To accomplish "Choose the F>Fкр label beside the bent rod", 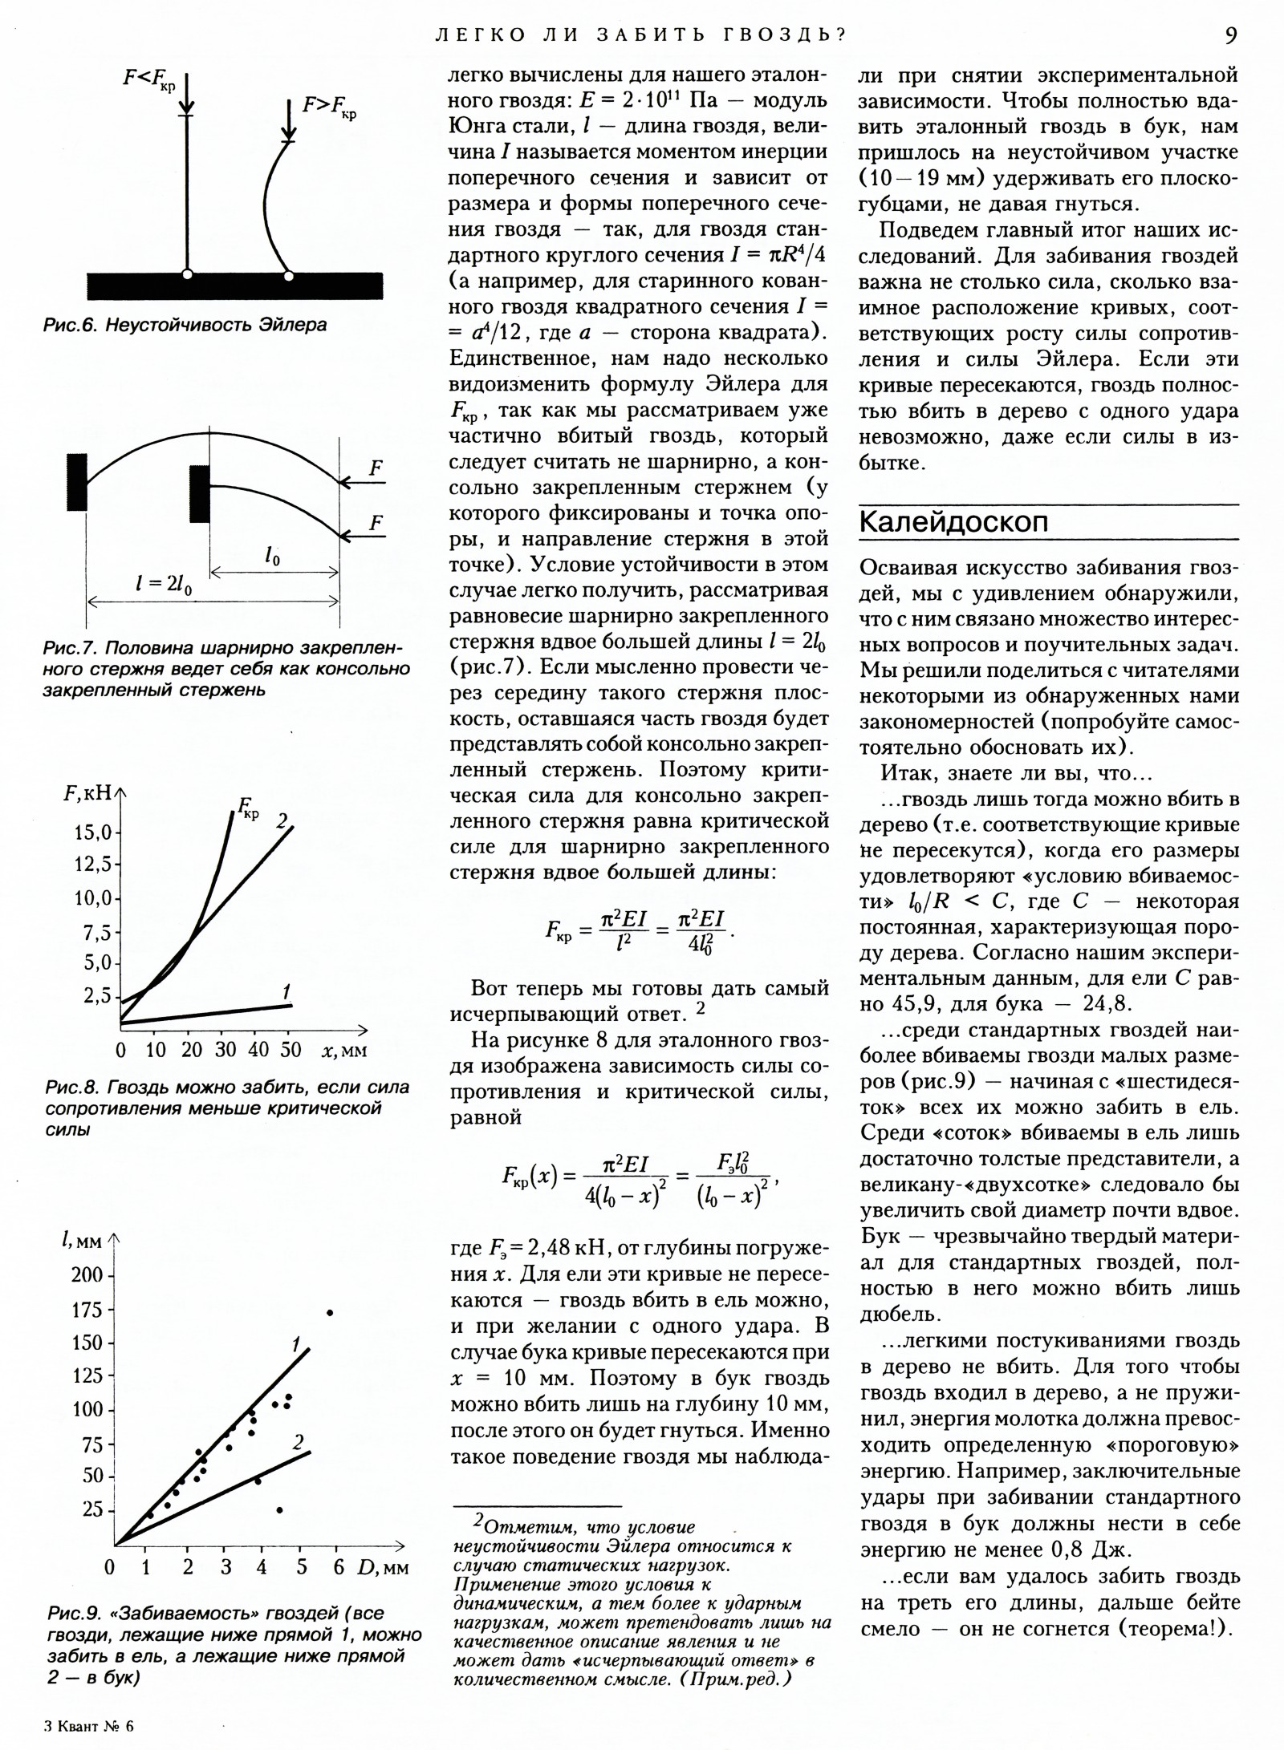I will click(329, 107).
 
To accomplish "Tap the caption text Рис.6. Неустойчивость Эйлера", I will click(185, 326).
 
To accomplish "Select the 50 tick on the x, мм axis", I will click(291, 1049).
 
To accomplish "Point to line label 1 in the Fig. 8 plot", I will click(286, 989).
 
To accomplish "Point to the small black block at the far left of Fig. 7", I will click(77, 482).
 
